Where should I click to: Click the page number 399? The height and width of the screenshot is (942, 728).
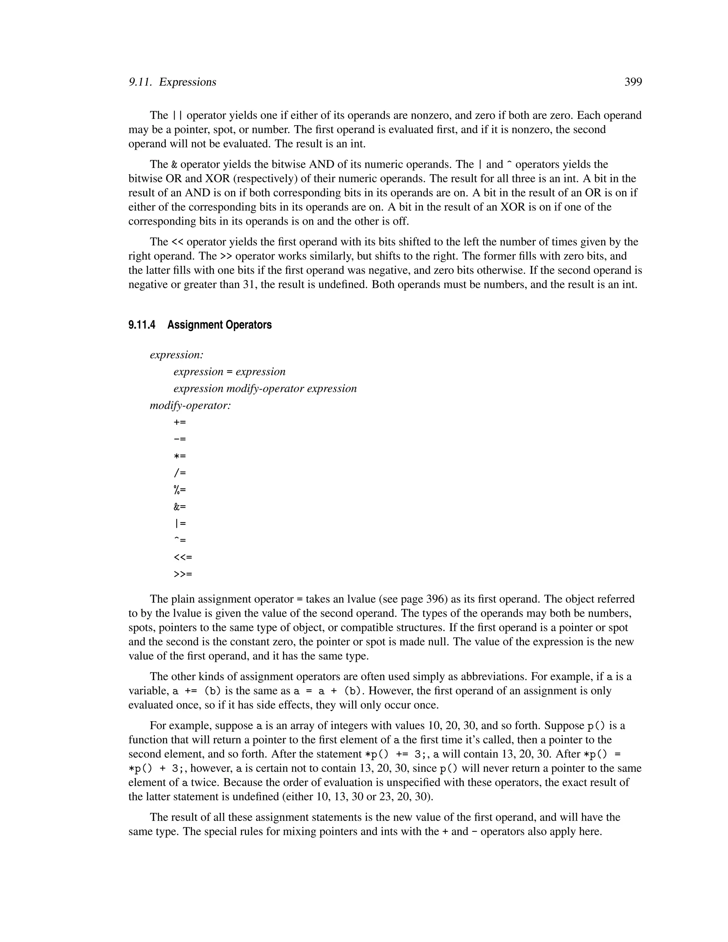[x=633, y=82]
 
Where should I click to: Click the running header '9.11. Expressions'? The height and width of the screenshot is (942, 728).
[x=172, y=82]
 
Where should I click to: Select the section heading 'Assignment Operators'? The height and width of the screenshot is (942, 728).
[x=220, y=325]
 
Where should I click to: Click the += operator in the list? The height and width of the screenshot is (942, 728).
[x=180, y=422]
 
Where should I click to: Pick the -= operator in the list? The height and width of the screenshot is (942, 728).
[x=180, y=439]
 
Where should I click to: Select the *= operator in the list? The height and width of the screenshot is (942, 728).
[x=180, y=456]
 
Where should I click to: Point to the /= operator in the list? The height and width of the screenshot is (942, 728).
[x=180, y=473]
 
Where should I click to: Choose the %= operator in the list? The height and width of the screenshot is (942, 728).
[x=180, y=490]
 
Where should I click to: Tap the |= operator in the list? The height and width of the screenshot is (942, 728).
[x=180, y=524]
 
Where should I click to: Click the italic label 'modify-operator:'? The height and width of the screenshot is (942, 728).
[x=190, y=406]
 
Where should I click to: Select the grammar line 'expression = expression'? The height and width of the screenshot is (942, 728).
[x=229, y=372]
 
